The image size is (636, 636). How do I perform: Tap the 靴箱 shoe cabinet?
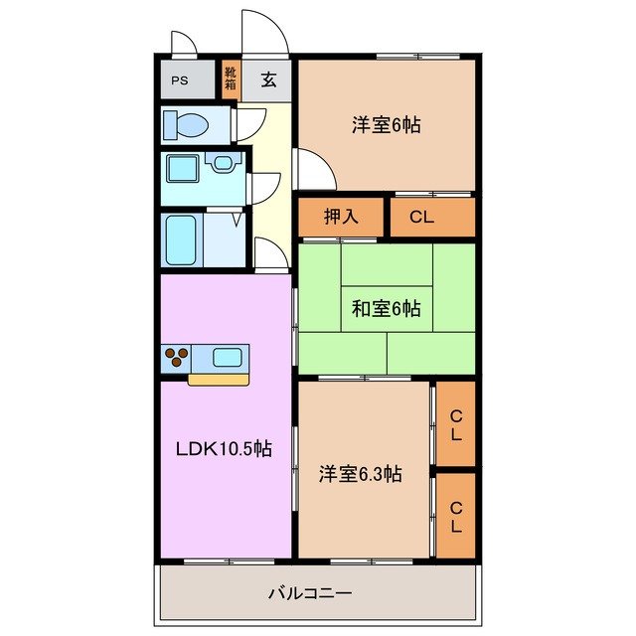(231, 79)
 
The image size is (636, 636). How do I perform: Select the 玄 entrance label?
(268, 80)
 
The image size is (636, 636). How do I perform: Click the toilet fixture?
(185, 125)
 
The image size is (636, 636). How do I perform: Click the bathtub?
(185, 238)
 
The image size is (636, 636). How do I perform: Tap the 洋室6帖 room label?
(386, 125)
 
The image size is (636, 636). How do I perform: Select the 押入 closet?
(341, 217)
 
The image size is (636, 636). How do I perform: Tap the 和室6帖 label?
(386, 309)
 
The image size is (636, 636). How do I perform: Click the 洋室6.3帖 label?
(360, 474)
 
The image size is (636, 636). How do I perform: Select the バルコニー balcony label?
(310, 593)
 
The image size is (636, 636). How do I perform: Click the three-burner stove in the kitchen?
(177, 358)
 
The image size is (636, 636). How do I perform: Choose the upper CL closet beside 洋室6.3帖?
(456, 424)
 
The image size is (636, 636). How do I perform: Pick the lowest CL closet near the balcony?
(456, 516)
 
